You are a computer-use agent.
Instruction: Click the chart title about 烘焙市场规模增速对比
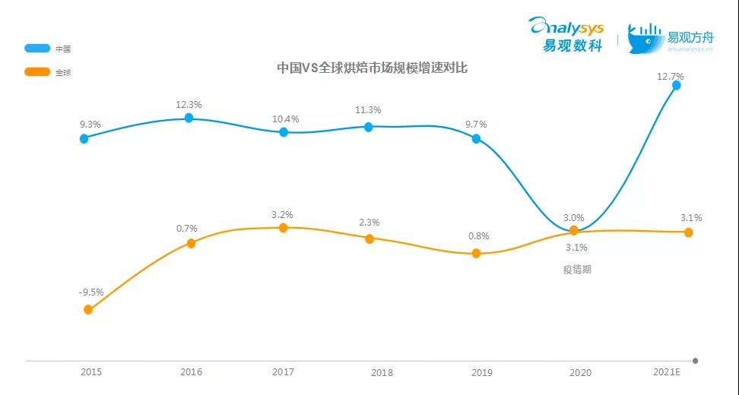point(372,68)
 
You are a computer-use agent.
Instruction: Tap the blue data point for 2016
point(189,118)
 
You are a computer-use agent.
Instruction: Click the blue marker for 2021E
point(676,86)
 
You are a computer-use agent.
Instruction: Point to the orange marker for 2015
point(88,309)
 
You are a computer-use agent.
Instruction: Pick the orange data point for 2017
point(284,227)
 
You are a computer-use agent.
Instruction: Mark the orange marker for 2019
point(476,253)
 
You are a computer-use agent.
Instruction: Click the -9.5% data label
point(90,292)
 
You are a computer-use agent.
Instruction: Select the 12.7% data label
point(671,76)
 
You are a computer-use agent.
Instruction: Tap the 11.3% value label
point(368,110)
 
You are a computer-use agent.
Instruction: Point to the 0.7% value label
point(186,228)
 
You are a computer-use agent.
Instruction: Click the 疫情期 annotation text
point(576,270)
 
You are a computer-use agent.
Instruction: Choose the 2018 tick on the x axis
point(382,372)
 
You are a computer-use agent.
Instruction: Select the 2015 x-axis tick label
point(91,372)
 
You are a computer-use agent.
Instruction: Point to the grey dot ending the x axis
point(695,360)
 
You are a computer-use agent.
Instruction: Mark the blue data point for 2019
point(477,138)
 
